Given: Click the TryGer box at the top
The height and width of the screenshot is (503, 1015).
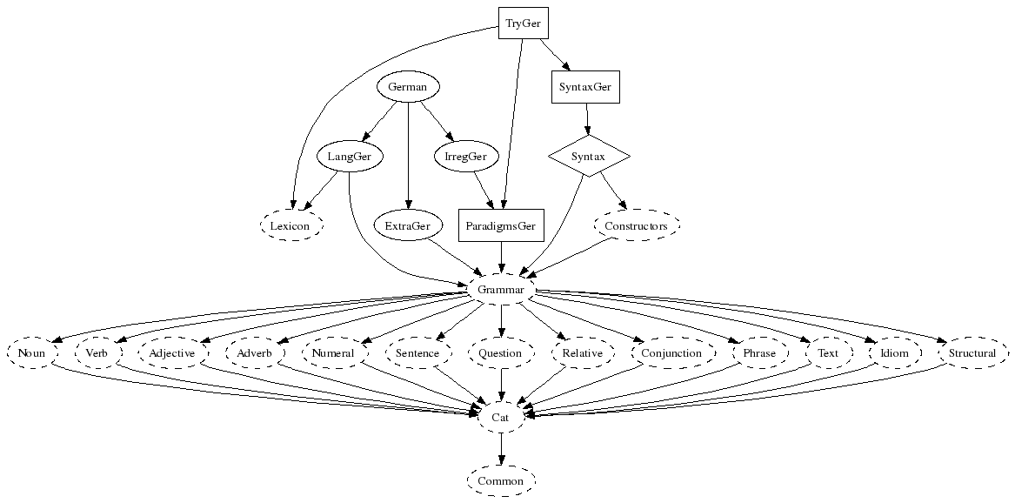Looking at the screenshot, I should (x=524, y=23).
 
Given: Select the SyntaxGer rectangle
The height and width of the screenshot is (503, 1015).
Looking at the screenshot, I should (x=586, y=87).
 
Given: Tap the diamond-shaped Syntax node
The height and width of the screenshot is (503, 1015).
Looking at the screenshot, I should (x=589, y=157).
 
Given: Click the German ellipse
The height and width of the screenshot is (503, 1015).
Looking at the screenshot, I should (x=408, y=87).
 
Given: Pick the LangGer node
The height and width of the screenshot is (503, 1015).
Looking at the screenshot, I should (x=350, y=157).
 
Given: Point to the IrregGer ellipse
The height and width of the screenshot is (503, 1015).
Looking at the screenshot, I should (x=465, y=157).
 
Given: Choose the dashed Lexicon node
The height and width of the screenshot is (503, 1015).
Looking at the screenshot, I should (x=290, y=225).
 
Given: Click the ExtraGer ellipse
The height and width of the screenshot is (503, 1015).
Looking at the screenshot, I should (x=408, y=225).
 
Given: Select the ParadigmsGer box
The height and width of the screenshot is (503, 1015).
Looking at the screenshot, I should (x=501, y=225).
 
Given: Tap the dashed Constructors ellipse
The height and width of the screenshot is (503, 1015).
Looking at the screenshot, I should (x=636, y=225).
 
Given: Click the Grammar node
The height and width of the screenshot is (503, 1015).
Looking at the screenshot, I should (x=501, y=289).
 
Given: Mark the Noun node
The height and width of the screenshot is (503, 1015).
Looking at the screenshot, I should (x=31, y=353).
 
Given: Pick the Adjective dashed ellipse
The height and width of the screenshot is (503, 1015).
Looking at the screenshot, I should (x=172, y=353).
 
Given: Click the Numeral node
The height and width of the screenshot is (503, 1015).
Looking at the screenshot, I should (x=333, y=353).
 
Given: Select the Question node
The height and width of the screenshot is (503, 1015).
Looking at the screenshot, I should (x=501, y=353).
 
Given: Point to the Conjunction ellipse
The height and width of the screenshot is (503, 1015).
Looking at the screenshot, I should (x=671, y=353).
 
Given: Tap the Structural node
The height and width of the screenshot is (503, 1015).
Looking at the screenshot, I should (x=972, y=353).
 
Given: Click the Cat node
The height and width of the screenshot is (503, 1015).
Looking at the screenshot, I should (x=501, y=417).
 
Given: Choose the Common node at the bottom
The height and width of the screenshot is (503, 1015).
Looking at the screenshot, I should (x=501, y=480).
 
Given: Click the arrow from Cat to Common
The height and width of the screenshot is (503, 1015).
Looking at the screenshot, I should (x=501, y=448).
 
